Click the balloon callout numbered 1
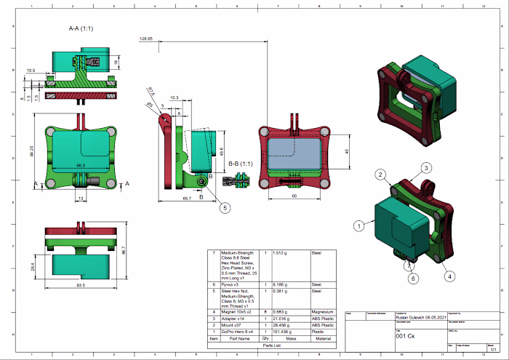click(358, 226)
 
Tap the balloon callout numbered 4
click(450, 276)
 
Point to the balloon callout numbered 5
click(225, 208)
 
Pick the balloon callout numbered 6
click(412, 278)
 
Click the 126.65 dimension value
click(145, 38)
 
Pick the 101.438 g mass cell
click(283, 332)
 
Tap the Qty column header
click(265, 338)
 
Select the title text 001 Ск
click(406, 337)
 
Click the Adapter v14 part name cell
click(233, 319)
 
